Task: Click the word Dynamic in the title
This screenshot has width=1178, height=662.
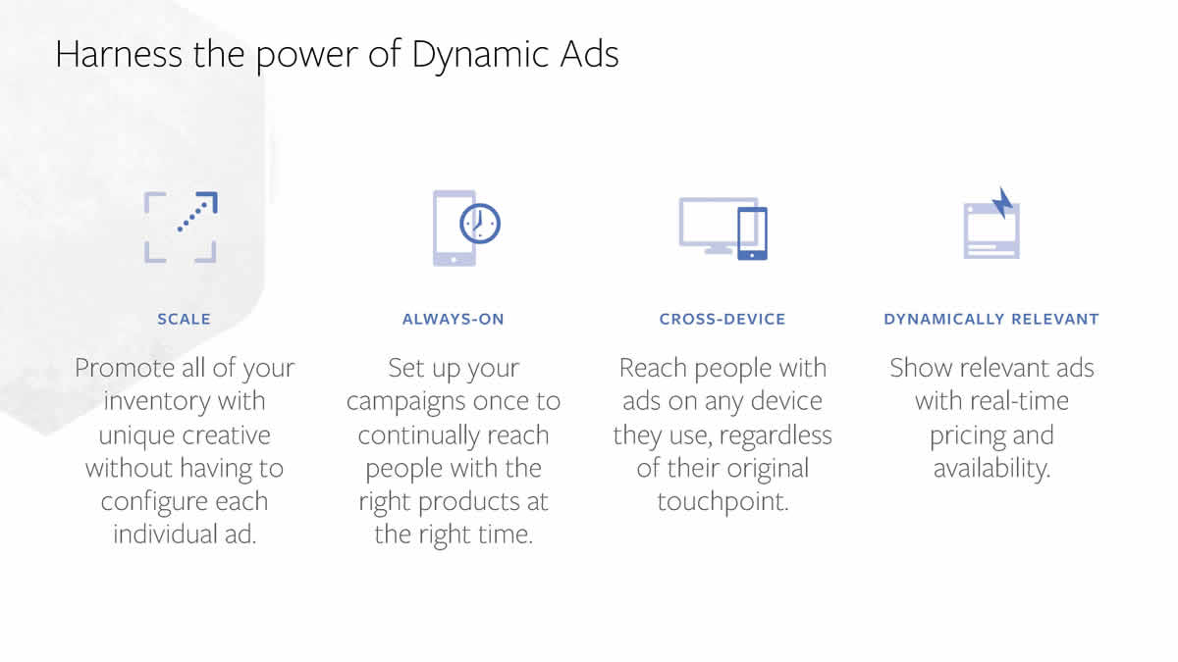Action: (481, 55)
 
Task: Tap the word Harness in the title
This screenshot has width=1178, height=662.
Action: (119, 54)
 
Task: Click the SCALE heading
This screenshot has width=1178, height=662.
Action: (185, 319)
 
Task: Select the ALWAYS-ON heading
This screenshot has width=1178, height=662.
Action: (454, 319)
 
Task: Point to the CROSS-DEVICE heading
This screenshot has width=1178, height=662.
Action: (723, 319)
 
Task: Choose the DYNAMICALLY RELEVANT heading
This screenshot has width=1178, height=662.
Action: (991, 319)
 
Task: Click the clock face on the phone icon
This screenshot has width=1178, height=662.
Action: (480, 224)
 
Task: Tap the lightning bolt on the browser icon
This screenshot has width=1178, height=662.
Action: (1003, 202)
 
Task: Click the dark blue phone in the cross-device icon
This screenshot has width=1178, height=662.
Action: (753, 233)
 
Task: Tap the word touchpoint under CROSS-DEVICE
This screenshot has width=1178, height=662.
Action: (723, 502)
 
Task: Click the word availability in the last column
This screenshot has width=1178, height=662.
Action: (991, 469)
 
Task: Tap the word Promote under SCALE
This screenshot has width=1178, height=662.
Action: (126, 368)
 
